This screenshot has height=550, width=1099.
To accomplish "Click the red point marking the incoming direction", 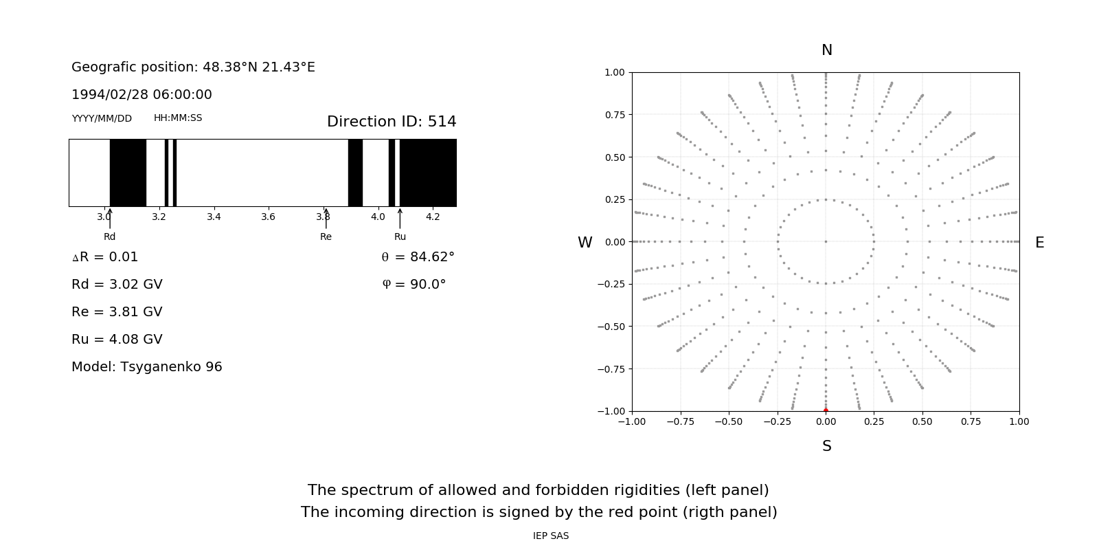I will (x=826, y=410).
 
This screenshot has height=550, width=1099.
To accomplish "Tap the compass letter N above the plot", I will (x=826, y=50).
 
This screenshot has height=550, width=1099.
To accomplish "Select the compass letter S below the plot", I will (x=826, y=446).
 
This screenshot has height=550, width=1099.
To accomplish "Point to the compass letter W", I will (x=585, y=243).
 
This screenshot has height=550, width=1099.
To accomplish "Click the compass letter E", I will (x=1039, y=243).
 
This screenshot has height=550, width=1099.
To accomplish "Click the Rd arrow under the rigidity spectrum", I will (x=110, y=218).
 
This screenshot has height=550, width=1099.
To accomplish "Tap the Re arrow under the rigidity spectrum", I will (x=326, y=218).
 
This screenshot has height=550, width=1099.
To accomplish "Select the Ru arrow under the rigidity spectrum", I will (x=400, y=218).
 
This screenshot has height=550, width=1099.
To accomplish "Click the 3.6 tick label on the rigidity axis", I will (x=268, y=217).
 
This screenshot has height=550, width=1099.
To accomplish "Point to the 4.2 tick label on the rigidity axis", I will (x=432, y=217).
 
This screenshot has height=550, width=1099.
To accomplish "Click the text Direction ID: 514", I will (x=392, y=122).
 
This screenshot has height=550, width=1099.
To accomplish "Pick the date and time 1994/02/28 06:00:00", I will (x=141, y=95).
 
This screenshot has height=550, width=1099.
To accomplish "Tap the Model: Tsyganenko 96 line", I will (x=147, y=367).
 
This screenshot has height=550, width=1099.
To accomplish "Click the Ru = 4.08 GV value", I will (x=117, y=340).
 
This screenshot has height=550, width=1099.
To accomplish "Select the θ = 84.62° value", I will (x=418, y=257).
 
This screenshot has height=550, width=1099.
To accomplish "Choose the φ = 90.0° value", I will (x=414, y=285).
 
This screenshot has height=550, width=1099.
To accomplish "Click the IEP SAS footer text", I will (x=550, y=536).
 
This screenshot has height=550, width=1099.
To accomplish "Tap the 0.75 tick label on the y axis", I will (x=614, y=115).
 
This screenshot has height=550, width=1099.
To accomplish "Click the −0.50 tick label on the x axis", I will (x=729, y=421).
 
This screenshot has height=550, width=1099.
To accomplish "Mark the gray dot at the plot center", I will (x=826, y=241).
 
